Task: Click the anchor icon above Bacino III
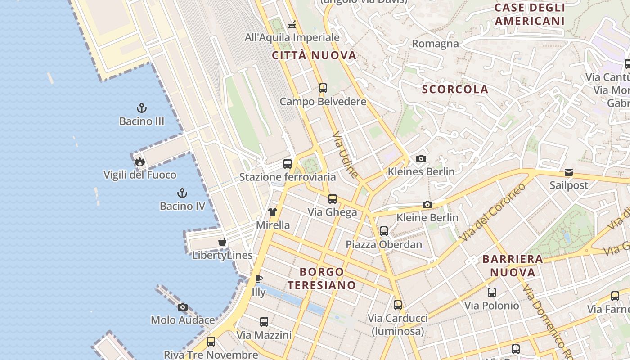coord(142,108)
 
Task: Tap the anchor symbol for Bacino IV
coord(182,193)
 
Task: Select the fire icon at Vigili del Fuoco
coord(140,162)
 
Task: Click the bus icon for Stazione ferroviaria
coord(288,164)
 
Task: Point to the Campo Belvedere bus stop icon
coord(323,88)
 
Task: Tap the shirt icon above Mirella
coord(273,212)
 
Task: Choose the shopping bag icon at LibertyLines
coord(222,242)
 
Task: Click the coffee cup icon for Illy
coord(259,279)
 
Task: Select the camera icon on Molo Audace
coord(182,307)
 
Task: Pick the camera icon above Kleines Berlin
coord(421,158)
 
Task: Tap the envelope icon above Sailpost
coord(569,172)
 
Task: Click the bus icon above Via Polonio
coord(492,292)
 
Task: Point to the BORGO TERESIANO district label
coord(322,278)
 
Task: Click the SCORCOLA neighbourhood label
coord(455,89)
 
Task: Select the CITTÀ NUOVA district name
coord(314,56)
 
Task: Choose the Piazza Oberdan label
coord(384,244)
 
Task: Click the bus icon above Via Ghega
coord(333,199)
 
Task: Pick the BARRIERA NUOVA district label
coord(513,265)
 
